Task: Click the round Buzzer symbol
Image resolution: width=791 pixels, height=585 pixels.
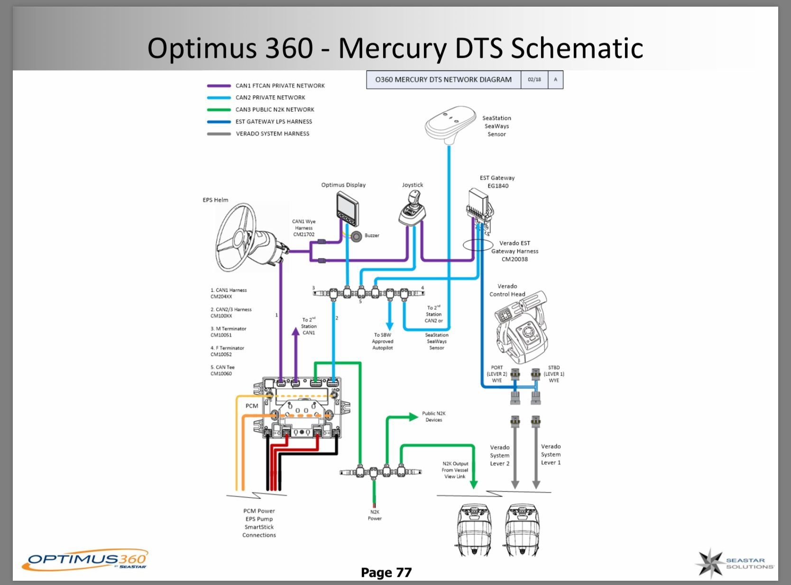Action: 357,236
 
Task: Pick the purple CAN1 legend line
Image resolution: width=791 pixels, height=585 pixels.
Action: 219,86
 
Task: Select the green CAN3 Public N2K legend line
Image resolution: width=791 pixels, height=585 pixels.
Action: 219,110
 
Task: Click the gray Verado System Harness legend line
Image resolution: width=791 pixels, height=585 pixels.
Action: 219,134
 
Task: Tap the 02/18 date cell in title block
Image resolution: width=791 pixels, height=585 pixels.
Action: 534,80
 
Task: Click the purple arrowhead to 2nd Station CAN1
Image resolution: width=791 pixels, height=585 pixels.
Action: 295,331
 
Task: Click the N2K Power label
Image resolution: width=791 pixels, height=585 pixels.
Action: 375,515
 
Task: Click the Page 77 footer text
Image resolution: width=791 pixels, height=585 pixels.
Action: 386,573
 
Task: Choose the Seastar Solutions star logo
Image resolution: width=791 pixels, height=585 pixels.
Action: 710,563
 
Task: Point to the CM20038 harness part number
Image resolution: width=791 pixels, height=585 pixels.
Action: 515,260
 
